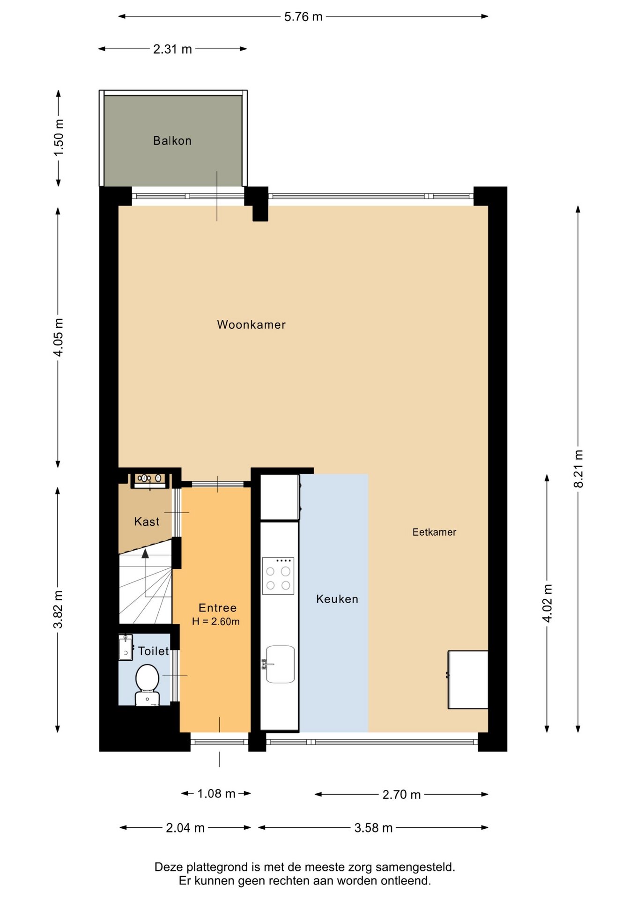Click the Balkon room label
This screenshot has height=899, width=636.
tap(172, 140)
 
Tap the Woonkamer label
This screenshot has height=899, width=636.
tap(251, 324)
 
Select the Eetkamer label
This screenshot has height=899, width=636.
tap(434, 532)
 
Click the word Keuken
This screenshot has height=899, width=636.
tap(337, 599)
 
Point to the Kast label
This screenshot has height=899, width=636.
tap(147, 522)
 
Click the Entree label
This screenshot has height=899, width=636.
tap(218, 608)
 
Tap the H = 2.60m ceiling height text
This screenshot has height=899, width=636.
tap(216, 621)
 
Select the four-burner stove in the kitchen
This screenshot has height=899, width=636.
tap(278, 575)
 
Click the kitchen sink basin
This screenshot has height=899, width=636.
tap(280, 664)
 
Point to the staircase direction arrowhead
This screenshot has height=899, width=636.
tap(145, 553)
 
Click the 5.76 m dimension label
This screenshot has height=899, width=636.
tap(303, 17)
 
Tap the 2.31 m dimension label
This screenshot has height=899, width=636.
tap(172, 49)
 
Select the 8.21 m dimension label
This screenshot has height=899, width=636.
tap(579, 469)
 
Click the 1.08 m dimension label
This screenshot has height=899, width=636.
tap(216, 794)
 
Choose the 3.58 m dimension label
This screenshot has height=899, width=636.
tap(373, 828)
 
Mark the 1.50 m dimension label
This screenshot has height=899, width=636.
tap(59, 138)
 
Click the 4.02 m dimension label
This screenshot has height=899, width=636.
tap(547, 603)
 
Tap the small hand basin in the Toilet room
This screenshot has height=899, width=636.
tap(126, 647)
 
